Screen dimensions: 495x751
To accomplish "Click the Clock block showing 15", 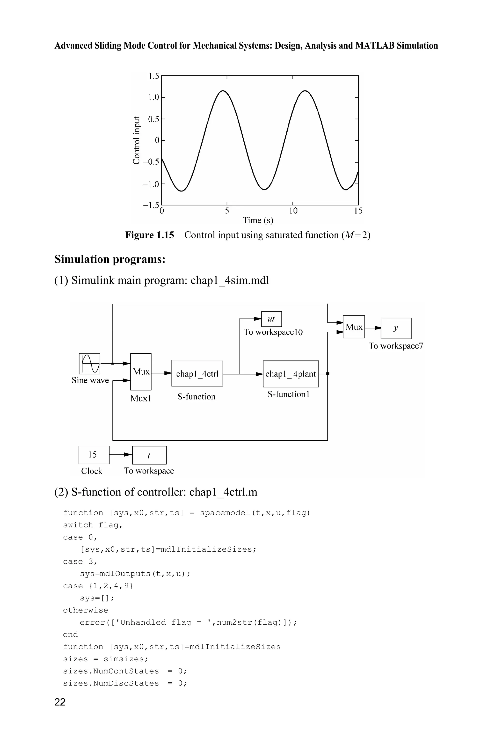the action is click(94, 455).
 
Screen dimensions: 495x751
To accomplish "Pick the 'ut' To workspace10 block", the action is click(271, 319).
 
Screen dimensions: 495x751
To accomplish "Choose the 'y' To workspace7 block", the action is click(396, 328).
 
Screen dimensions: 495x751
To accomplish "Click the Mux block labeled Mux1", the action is click(141, 372).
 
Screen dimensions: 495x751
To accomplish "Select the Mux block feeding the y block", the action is click(354, 327).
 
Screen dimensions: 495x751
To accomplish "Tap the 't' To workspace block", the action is click(149, 455).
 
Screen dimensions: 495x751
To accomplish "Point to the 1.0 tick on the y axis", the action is click(154, 97).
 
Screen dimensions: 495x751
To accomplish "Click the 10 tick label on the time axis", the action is click(293, 211).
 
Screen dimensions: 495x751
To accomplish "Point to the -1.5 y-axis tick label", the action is click(151, 205).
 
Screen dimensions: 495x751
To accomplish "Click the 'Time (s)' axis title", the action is click(258, 220).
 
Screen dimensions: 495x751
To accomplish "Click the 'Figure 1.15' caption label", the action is click(149, 235).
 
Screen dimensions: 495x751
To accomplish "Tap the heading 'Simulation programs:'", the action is click(110, 259).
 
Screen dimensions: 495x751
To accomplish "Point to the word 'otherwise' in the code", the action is click(86, 610).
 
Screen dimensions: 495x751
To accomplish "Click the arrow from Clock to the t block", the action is click(121, 455).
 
